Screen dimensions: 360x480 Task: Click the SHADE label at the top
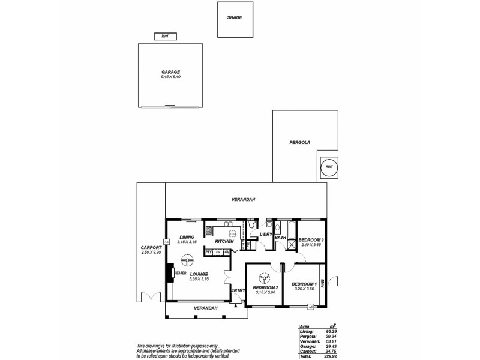coord(235,18)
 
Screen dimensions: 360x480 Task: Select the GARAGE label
coord(170,72)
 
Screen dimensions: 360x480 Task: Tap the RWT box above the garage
coord(165,36)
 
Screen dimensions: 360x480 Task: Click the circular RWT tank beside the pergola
coord(329,168)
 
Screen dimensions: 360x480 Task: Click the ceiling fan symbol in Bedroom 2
coord(263,278)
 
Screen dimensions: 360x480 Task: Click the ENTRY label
coord(238,290)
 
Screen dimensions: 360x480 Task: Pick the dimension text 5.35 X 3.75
coord(198,280)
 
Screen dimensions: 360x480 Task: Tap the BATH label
coord(280,238)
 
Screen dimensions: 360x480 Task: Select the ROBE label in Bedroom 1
coord(323,282)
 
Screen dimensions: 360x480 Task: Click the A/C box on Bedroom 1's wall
coord(311,307)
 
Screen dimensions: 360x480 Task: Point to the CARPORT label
coord(151,248)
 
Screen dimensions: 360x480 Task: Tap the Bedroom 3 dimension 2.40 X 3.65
coord(312,245)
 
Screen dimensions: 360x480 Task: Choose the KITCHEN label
coord(216,241)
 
